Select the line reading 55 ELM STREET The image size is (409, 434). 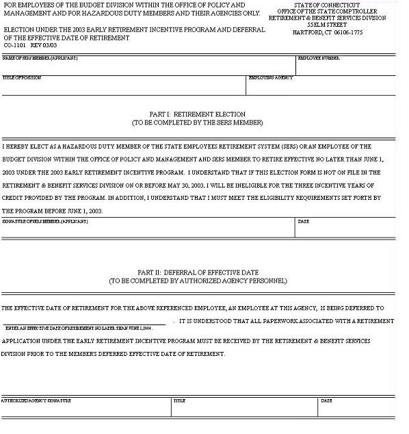tap(328, 25)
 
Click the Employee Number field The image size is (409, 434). tap(345, 66)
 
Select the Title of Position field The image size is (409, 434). tap(123, 86)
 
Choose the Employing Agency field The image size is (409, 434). tap(320, 86)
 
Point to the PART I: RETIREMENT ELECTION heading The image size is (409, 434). tap(197, 114)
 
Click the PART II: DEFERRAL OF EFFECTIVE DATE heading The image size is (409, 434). tap(198, 272)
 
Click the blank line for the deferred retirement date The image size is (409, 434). tap(85, 320)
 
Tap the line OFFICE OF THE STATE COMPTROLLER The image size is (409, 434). tap(327, 12)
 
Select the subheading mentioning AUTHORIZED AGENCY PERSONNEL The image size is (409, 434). tap(198, 281)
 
